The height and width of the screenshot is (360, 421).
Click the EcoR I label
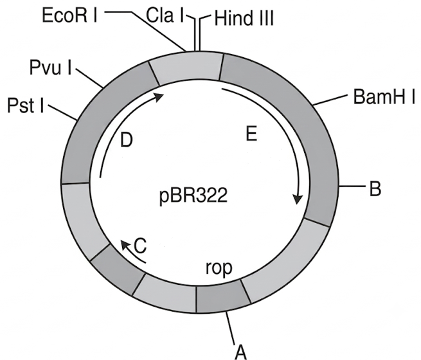coord(70,15)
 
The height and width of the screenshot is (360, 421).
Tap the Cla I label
coord(165,15)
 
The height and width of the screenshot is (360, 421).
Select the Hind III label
coord(244,19)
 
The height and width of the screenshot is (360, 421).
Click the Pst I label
coord(26,105)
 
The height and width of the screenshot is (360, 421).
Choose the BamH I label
coord(384,97)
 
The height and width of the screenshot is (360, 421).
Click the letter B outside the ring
coord(375,189)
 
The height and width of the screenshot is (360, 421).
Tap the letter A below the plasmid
coord(240,352)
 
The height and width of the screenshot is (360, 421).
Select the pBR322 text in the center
coord(193,196)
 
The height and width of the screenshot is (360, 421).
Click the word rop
coord(219,267)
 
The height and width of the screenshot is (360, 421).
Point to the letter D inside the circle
coord(127,139)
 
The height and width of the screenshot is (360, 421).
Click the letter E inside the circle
coord(251,134)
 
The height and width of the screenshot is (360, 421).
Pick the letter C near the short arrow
coord(140,246)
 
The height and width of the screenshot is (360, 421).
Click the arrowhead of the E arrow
coord(297,199)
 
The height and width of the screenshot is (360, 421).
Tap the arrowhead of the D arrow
coord(159,96)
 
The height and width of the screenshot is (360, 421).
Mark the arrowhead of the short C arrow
coord(125,244)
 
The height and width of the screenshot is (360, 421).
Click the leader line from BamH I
coord(330,100)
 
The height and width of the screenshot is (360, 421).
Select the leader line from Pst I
coord(63,113)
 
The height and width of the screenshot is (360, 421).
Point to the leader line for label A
coord(231,328)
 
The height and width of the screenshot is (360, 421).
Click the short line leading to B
coord(352,186)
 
